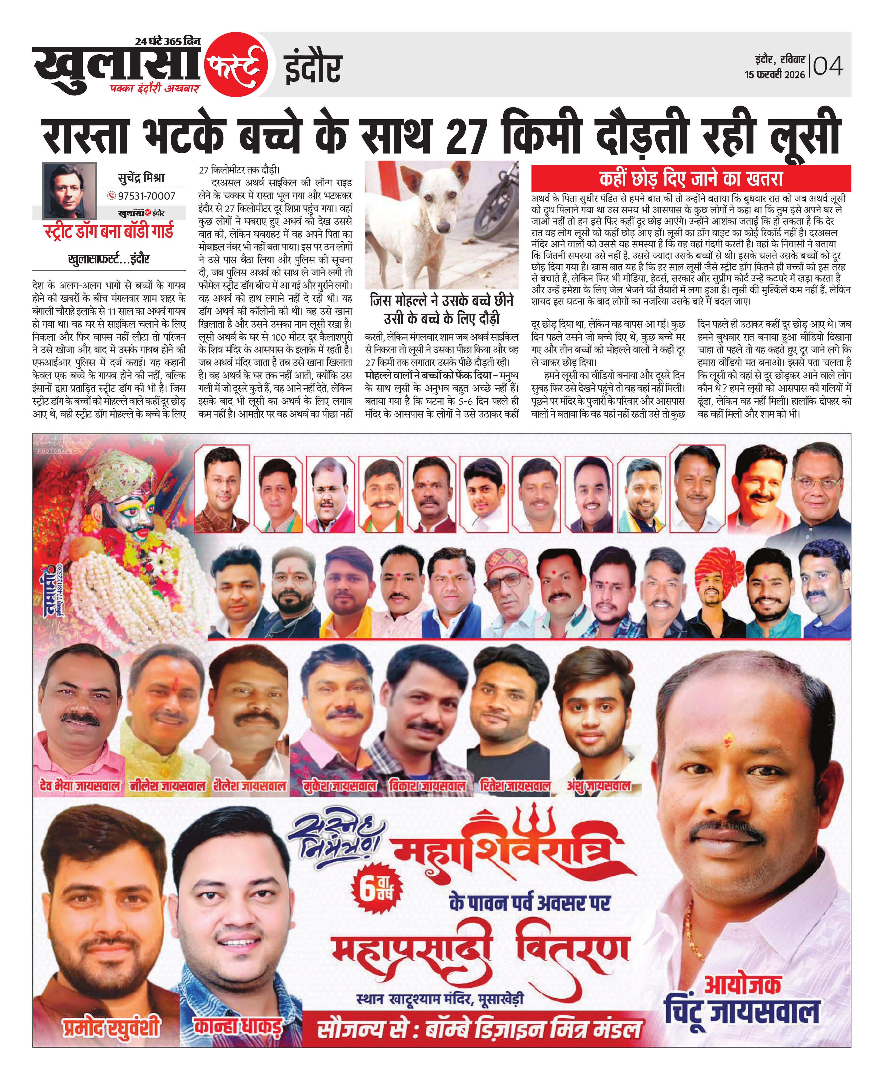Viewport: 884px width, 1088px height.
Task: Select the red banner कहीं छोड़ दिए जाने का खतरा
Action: coord(691,179)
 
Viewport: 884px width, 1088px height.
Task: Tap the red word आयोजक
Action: coord(742,985)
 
